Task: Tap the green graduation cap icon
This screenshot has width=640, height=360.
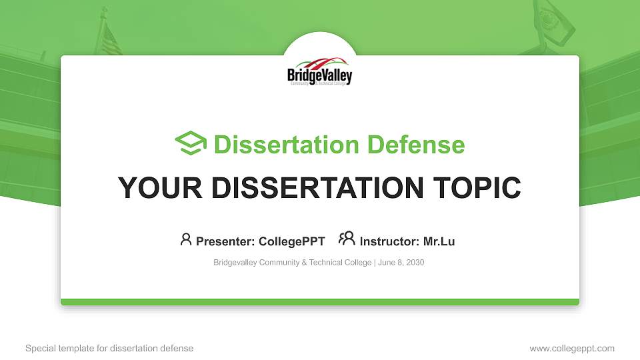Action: pos(191,143)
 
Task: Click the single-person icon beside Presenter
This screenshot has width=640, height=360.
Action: pos(186,239)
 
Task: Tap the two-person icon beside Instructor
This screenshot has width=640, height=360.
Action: pos(347,239)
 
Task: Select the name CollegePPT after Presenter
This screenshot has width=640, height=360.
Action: pos(291,241)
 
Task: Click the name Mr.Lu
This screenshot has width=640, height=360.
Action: pos(439,241)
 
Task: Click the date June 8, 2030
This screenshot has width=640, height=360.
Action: pos(401,263)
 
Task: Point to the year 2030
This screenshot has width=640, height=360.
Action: pos(414,263)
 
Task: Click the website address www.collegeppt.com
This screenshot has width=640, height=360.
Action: pos(572,348)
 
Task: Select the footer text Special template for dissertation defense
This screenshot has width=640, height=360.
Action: pos(109,348)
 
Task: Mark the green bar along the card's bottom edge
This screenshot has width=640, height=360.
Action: pos(320,302)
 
